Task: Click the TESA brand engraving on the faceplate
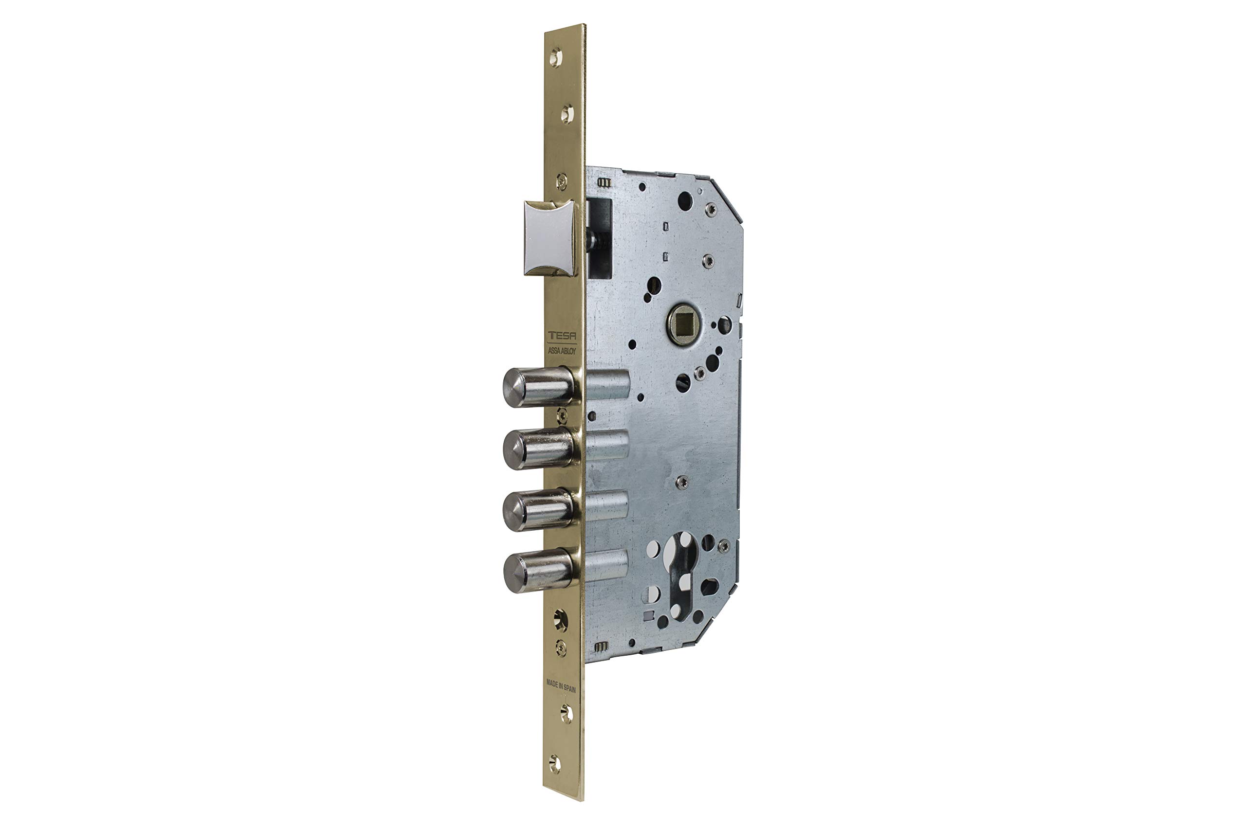(x=562, y=336)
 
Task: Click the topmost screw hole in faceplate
(x=556, y=57)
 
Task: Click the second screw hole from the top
(x=567, y=114)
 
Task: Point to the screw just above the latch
(x=562, y=180)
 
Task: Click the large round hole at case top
(x=684, y=198)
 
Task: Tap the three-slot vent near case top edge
(x=605, y=182)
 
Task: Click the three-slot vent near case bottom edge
(x=601, y=646)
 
